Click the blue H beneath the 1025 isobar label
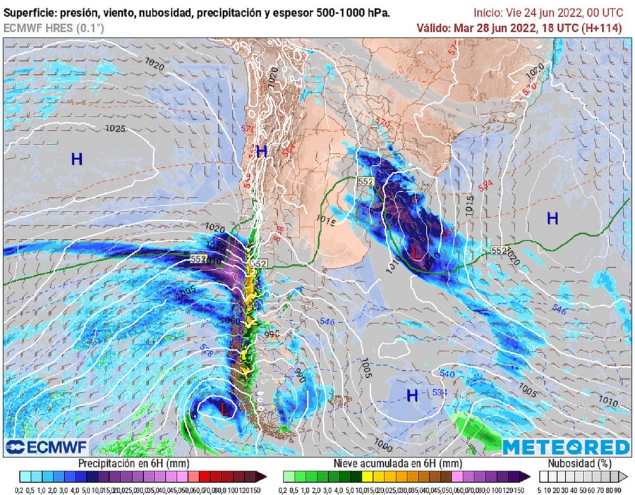click(x=77, y=159)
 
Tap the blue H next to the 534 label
click(x=412, y=396)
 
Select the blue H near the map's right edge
click(x=552, y=218)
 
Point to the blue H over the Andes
click(x=262, y=151)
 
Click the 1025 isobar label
click(x=115, y=129)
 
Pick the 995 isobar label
click(x=273, y=334)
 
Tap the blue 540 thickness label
click(x=447, y=374)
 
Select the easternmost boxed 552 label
click(x=499, y=250)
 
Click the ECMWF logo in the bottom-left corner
click(x=47, y=447)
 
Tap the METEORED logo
click(x=565, y=447)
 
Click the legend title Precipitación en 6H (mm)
click(x=133, y=463)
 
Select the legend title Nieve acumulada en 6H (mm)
click(x=397, y=463)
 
